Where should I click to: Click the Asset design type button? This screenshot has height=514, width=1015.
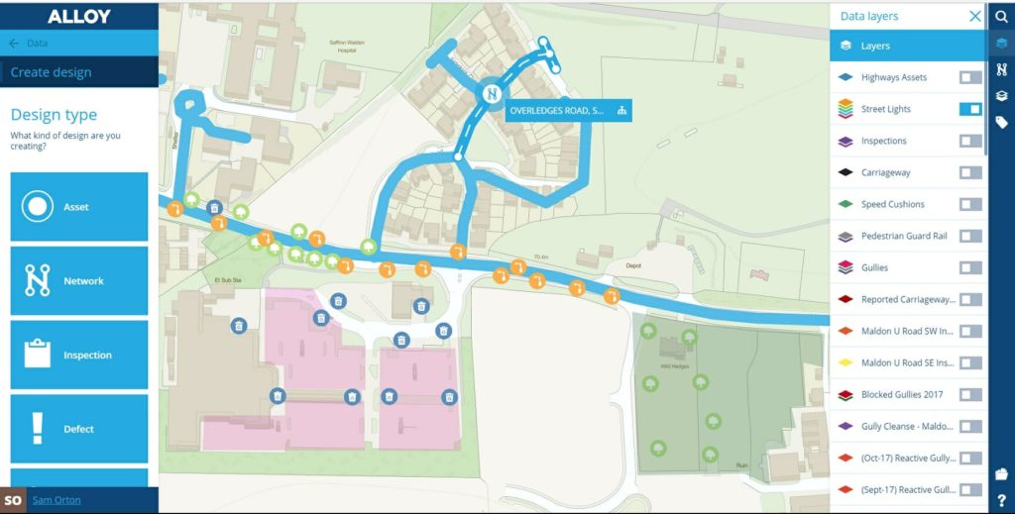(79, 207)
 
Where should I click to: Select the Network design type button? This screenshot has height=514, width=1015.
(79, 281)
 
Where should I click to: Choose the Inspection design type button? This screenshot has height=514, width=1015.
(79, 355)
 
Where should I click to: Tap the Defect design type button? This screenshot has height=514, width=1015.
(79, 429)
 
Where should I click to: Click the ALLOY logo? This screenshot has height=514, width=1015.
(79, 16)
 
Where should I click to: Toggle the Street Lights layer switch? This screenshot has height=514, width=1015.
(970, 109)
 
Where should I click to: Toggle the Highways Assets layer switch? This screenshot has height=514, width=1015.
(970, 77)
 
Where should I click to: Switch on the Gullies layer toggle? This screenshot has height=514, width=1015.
(970, 267)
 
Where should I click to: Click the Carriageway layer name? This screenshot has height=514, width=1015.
(885, 172)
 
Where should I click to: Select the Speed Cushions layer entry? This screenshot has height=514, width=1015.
(892, 204)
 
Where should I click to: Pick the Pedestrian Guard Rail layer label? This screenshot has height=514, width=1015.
(904, 236)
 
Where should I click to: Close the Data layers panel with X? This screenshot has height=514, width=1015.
(975, 16)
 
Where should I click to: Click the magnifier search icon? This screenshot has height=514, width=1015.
(1001, 16)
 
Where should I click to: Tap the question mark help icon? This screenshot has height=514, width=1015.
(1001, 500)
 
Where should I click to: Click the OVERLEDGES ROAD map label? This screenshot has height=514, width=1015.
(556, 111)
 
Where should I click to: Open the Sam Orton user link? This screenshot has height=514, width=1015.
(56, 500)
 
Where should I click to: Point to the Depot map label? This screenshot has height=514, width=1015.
(633, 265)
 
